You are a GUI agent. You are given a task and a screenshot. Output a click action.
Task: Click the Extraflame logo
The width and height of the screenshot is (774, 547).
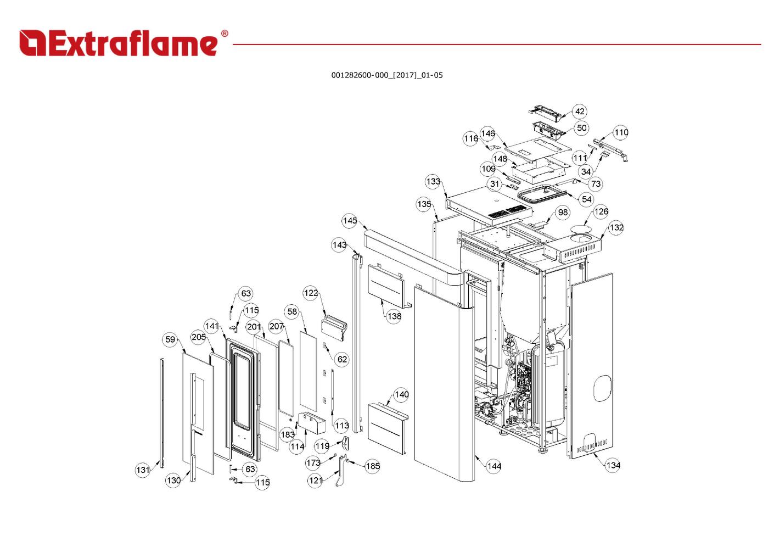pyautogui.click(x=124, y=43)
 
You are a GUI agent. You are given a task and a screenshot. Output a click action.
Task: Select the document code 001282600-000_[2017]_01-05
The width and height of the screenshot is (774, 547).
pyautogui.click(x=386, y=75)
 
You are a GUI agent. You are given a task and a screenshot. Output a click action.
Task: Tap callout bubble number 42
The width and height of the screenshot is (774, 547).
pyautogui.click(x=580, y=111)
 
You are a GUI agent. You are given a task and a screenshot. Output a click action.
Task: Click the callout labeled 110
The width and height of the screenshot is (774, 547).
pyautogui.click(x=621, y=132)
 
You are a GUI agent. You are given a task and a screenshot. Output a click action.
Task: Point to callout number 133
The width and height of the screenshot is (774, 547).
pyautogui.click(x=433, y=181)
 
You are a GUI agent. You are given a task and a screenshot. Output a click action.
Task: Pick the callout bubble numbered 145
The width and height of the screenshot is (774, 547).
pyautogui.click(x=350, y=221)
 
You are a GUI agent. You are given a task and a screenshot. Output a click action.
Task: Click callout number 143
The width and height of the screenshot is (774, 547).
pyautogui.click(x=339, y=244)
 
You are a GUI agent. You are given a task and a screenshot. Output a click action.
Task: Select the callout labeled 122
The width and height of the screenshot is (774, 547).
pyautogui.click(x=311, y=293)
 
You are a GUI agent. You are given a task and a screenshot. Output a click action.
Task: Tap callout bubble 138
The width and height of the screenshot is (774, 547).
pyautogui.click(x=394, y=316)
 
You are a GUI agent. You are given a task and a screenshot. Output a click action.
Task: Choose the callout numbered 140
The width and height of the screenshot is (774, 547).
pyautogui.click(x=401, y=394)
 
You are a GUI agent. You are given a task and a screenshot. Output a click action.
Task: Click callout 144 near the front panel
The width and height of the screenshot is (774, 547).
pyautogui.click(x=494, y=466)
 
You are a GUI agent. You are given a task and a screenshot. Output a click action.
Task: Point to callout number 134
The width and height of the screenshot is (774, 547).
pyautogui.click(x=613, y=465)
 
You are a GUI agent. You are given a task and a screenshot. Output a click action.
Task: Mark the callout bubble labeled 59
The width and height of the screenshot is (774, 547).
pyautogui.click(x=170, y=339)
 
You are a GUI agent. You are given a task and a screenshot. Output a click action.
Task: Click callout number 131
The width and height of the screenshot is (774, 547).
pyautogui.click(x=143, y=470)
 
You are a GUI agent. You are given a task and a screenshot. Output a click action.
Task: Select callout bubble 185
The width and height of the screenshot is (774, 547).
pyautogui.click(x=372, y=466)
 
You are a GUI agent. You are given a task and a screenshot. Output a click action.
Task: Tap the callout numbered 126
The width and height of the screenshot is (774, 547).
pyautogui.click(x=601, y=211)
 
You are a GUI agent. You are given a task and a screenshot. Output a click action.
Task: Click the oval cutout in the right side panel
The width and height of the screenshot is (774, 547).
pyautogui.click(x=602, y=388)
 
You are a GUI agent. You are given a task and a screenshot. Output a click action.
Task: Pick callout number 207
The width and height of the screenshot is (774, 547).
pyautogui.click(x=276, y=326)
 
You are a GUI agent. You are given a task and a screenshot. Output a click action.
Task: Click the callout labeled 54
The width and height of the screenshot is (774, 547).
pyautogui.click(x=586, y=199)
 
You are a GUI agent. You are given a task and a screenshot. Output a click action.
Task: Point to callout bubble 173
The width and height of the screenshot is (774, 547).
pyautogui.click(x=313, y=463)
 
